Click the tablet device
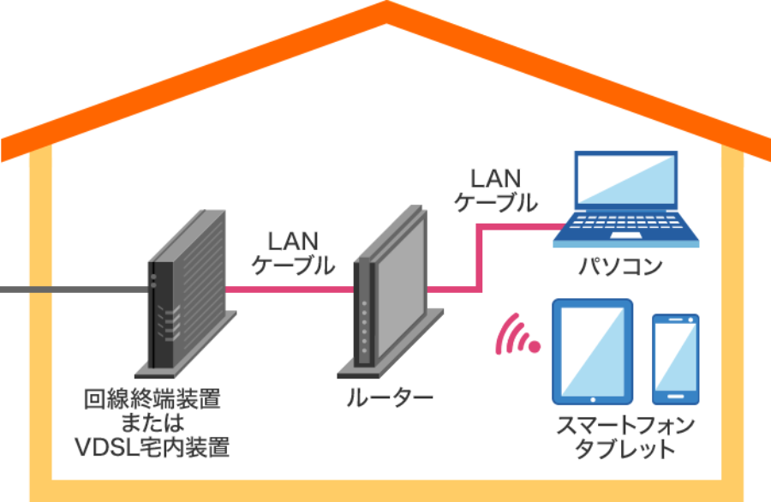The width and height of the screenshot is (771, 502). pos(591,351)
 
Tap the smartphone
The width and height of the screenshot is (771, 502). pos(676,358)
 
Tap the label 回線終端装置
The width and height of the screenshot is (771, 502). pos(152,399)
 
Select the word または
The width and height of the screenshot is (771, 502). pos(152,423)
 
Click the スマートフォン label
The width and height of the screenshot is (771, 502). pos(625,426)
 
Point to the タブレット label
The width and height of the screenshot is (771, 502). pos(625,449)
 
